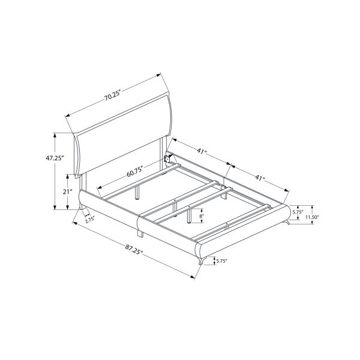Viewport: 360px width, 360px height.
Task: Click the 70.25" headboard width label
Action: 112,94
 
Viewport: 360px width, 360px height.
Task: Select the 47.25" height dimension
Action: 54,159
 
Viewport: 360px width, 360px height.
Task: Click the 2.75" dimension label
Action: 90,220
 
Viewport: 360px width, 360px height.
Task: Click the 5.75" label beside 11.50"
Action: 297,212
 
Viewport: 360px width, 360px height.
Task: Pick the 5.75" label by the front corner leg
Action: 221,261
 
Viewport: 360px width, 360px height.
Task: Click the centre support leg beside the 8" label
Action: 189,215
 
